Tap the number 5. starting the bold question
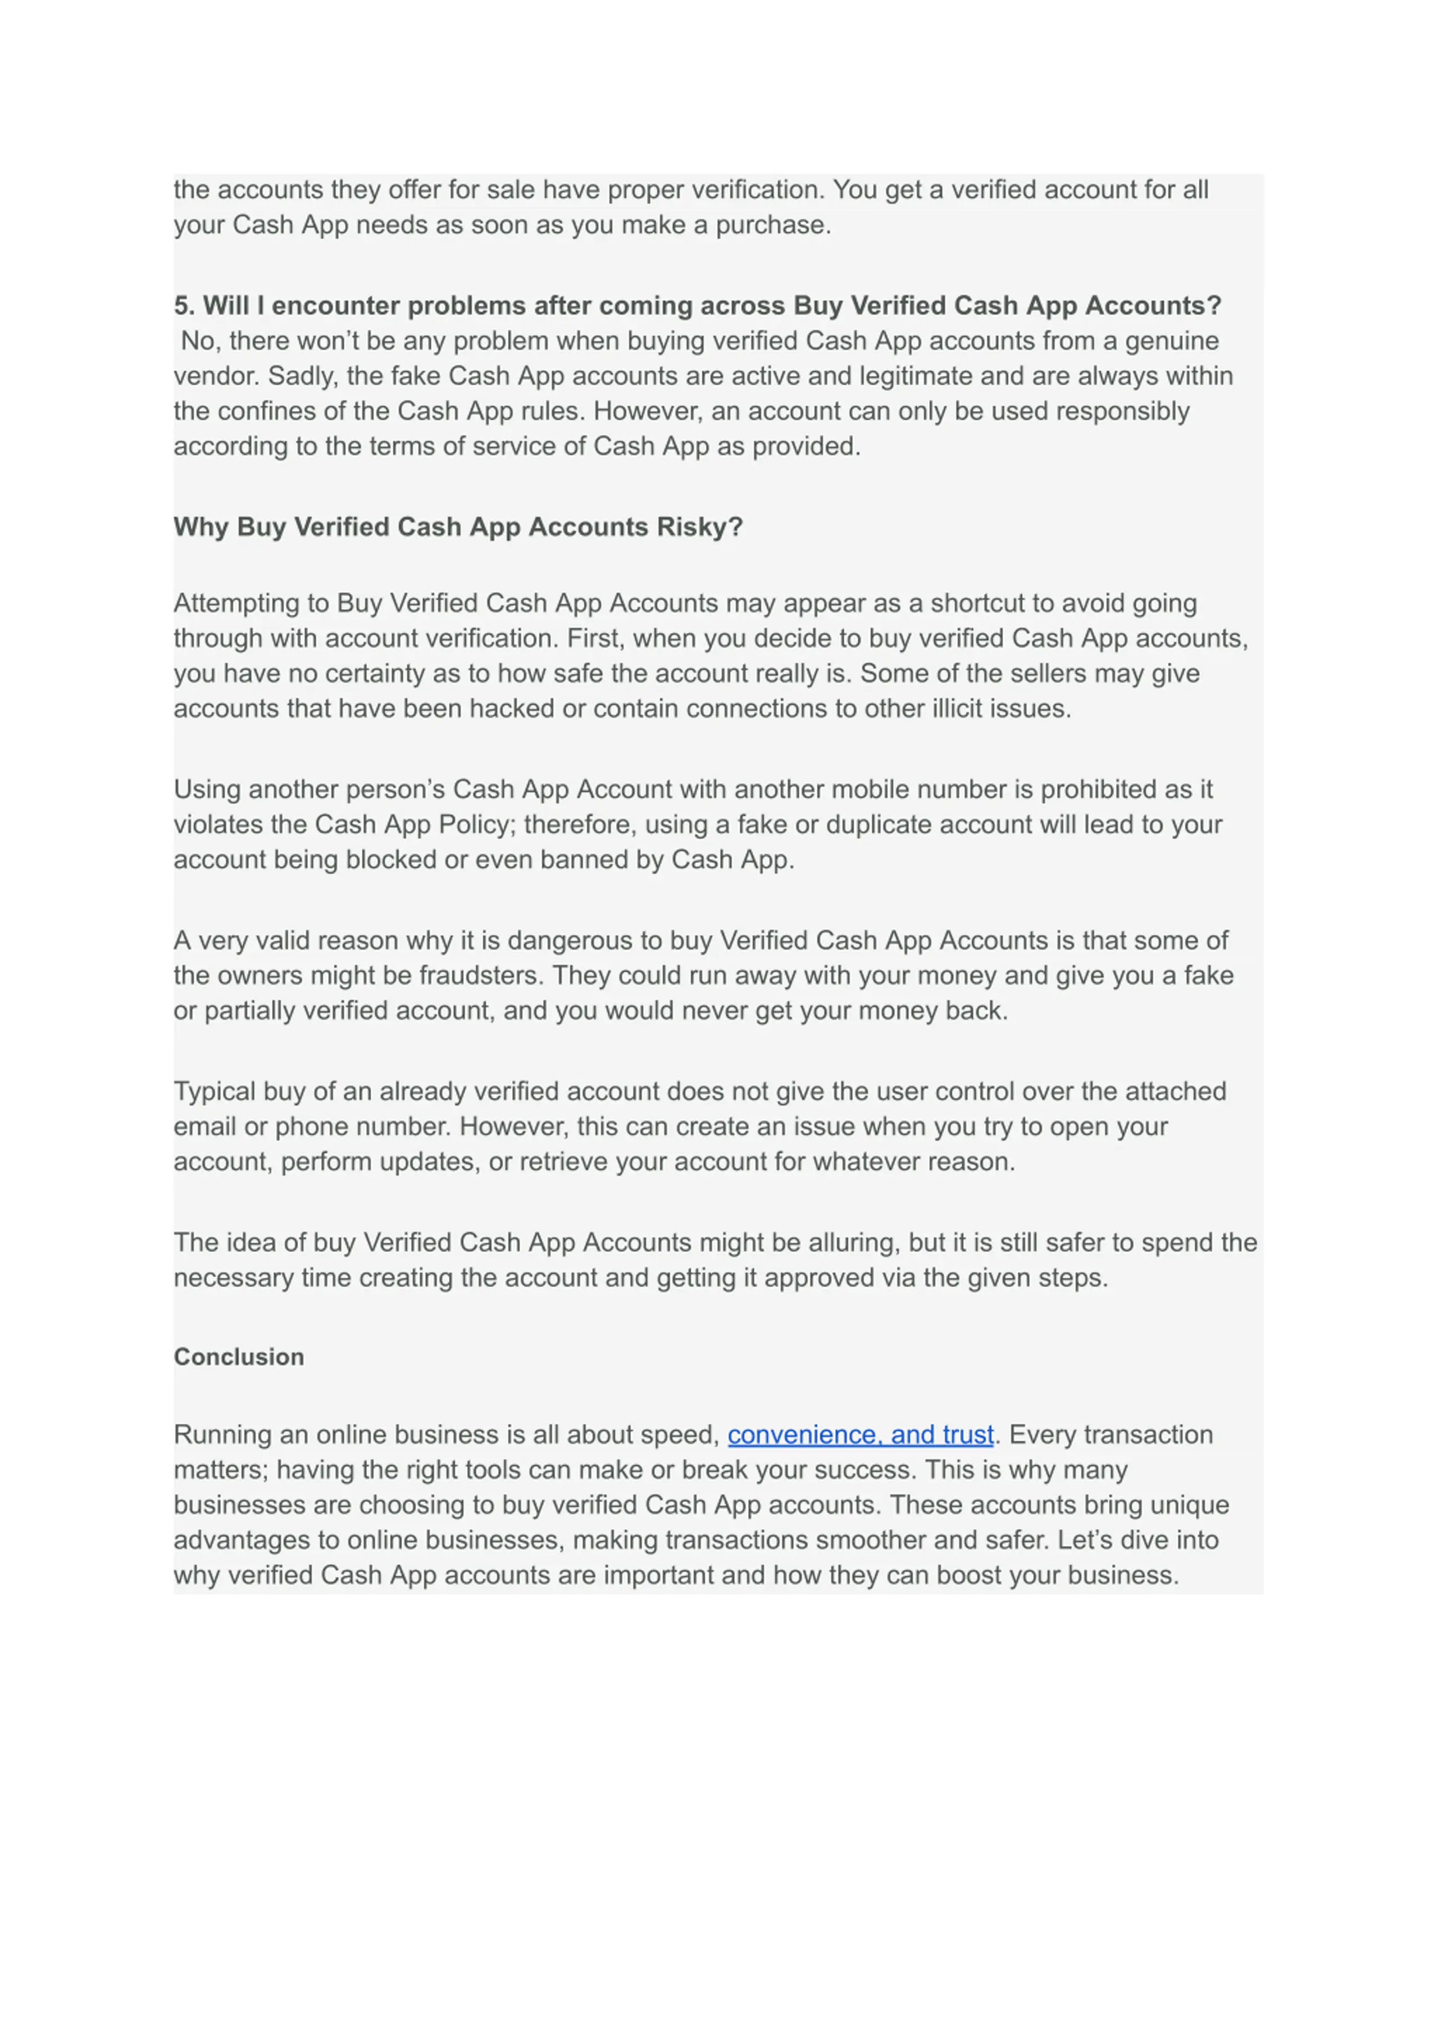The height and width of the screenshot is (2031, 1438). click(184, 306)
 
